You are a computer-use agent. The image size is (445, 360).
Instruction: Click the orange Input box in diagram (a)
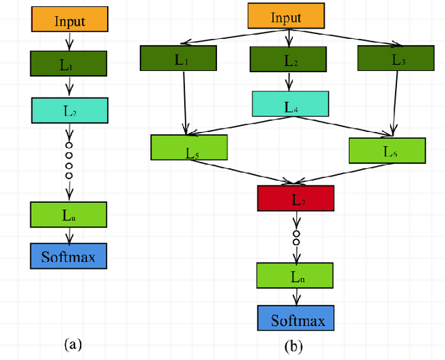point(69,20)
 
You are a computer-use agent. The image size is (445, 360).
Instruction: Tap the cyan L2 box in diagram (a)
point(70,109)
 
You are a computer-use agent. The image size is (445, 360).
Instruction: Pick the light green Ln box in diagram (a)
point(69,214)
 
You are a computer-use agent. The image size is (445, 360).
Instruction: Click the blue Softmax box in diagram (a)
point(69,256)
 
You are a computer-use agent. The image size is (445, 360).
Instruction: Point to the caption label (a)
point(73,343)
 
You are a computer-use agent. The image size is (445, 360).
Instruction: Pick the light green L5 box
point(189,147)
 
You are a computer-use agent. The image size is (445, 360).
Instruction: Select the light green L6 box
point(386,149)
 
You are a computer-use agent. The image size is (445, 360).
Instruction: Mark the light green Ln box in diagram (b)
point(296,275)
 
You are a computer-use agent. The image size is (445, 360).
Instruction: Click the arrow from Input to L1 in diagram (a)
point(69,42)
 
